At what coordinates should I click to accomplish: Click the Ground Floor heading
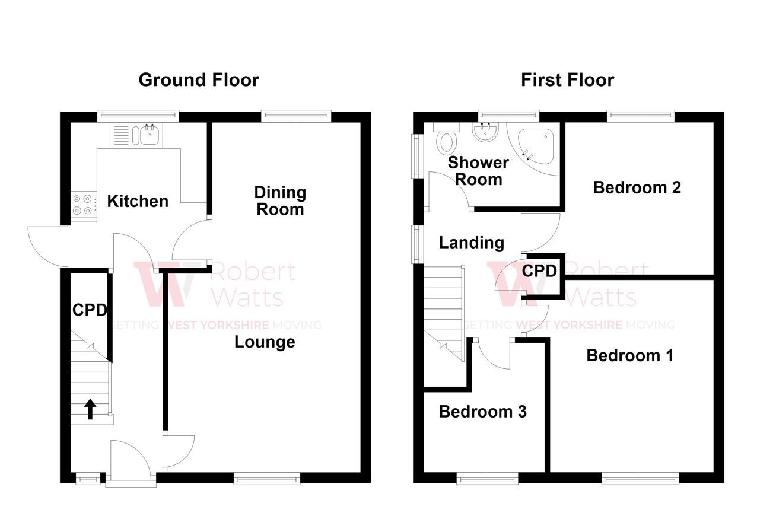(x=199, y=80)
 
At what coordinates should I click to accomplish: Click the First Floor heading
(x=567, y=80)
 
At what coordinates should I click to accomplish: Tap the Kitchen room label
(x=138, y=201)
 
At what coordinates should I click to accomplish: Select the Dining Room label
(x=279, y=200)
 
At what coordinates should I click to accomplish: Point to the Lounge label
(x=265, y=342)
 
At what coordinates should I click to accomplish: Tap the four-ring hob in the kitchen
(x=83, y=205)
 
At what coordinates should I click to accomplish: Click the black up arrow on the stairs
(x=90, y=409)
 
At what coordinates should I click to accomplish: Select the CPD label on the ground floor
(x=90, y=310)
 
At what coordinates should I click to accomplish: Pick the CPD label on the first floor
(x=539, y=271)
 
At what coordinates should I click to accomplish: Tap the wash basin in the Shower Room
(x=486, y=132)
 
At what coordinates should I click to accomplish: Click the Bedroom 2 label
(x=637, y=187)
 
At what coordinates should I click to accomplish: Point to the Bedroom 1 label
(x=630, y=355)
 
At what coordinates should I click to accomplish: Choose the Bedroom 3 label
(x=482, y=412)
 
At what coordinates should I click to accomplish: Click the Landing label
(x=471, y=243)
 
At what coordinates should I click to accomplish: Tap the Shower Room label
(x=478, y=171)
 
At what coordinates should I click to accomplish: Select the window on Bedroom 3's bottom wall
(x=487, y=478)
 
